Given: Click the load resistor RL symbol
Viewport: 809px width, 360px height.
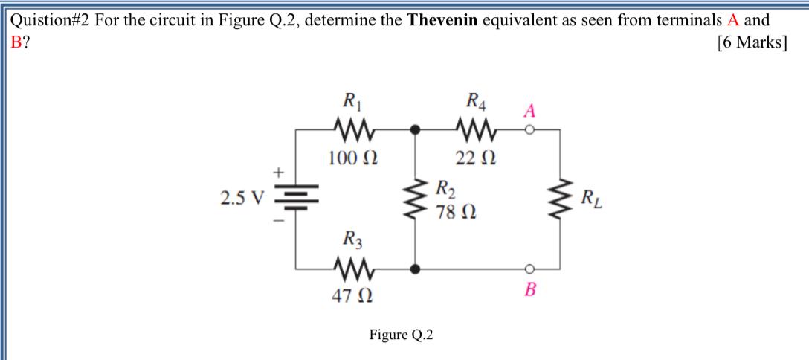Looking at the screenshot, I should (561, 199).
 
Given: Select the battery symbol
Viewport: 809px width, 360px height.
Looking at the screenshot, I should (296, 199).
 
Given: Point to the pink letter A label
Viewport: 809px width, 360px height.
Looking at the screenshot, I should (529, 110).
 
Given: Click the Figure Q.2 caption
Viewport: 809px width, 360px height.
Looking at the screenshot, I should (402, 335).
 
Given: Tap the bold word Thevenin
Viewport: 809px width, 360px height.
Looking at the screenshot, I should (443, 20).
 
